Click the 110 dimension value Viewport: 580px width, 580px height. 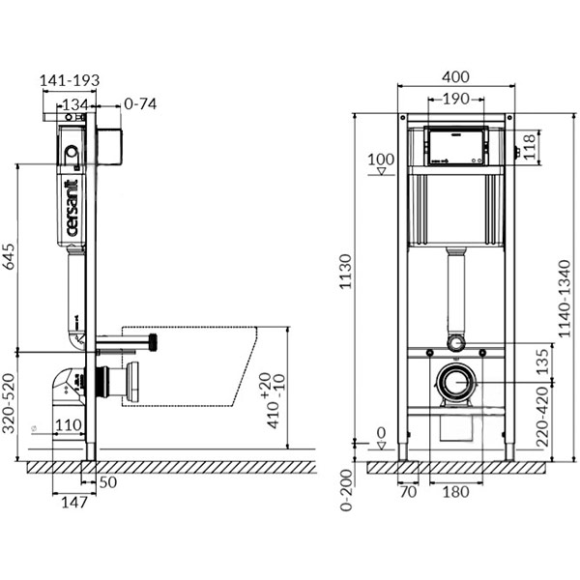click(x=67, y=425)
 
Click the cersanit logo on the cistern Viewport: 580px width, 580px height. click(x=72, y=208)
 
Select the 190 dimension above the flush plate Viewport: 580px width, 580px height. click(x=456, y=99)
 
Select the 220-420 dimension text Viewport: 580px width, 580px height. click(x=540, y=417)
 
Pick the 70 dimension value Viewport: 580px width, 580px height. click(x=407, y=492)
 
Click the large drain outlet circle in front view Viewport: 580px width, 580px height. click(x=455, y=383)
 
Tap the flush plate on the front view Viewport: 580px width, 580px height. click(x=456, y=145)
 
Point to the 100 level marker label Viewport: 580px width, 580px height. click(x=382, y=159)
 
